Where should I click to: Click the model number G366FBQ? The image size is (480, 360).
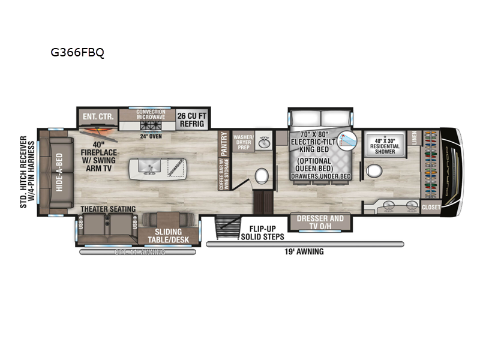click(x=77, y=52)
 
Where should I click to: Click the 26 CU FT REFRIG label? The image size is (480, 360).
click(x=190, y=118)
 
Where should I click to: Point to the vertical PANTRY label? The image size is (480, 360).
click(x=224, y=145)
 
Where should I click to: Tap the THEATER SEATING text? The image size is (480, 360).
click(x=108, y=209)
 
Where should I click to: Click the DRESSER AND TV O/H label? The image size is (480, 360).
click(x=320, y=222)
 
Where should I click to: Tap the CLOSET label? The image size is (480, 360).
click(x=431, y=208)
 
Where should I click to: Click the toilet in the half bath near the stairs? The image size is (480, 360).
click(x=261, y=176)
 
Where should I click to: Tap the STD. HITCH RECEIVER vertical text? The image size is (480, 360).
click(x=23, y=172)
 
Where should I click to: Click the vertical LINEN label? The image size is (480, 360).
click(x=414, y=139)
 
